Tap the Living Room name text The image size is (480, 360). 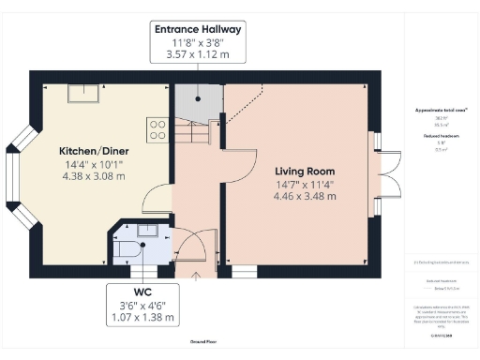(x=305, y=172)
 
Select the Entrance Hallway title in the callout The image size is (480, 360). (x=198, y=30)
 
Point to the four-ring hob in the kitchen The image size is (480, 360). (x=157, y=127)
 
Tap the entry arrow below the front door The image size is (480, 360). (x=194, y=275)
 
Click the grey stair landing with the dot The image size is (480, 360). (x=197, y=99)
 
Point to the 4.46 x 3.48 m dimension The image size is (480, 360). (x=305, y=198)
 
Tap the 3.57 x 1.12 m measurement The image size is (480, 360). (x=198, y=53)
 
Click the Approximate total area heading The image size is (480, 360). (x=441, y=111)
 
